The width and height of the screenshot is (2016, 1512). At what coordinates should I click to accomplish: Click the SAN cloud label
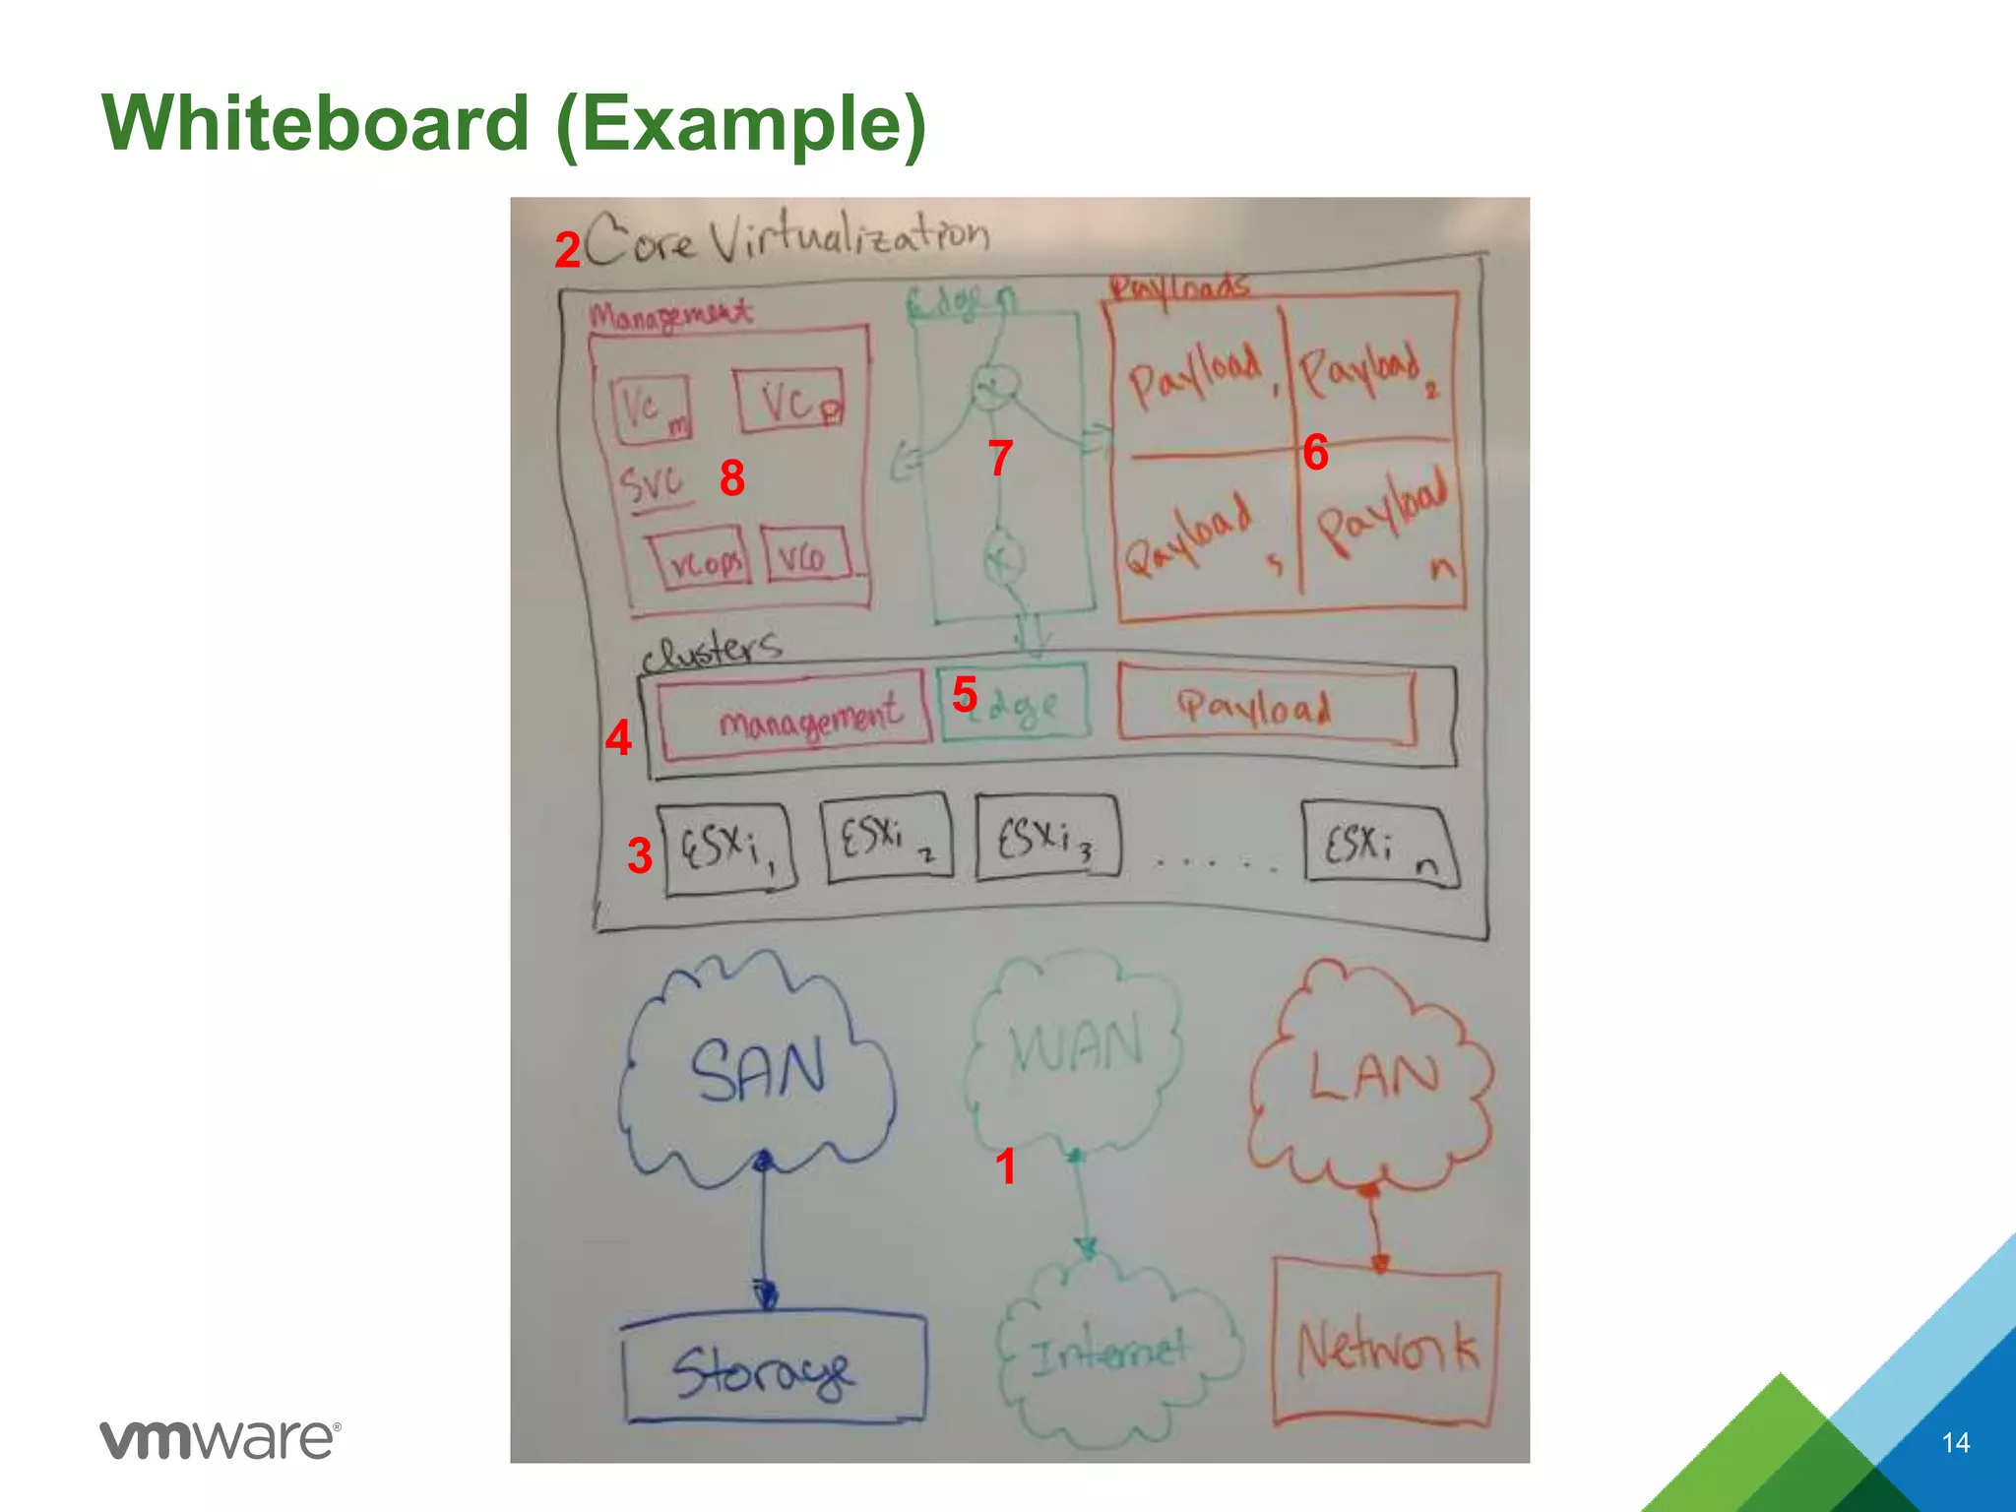click(757, 1070)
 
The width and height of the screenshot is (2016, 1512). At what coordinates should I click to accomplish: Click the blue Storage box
click(773, 1369)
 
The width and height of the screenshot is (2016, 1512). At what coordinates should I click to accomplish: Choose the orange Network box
click(1386, 1347)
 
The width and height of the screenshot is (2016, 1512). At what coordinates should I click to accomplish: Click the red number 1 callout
click(1004, 1166)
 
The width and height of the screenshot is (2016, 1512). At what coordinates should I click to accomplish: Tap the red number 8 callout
click(731, 478)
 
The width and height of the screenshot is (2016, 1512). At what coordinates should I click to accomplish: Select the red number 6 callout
click(1315, 453)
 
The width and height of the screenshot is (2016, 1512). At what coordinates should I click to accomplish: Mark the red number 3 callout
click(640, 855)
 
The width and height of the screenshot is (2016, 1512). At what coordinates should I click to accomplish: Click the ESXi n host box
click(1378, 845)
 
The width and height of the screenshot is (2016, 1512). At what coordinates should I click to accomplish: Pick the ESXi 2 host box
click(886, 838)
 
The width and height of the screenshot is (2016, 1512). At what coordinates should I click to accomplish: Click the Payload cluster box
click(1266, 705)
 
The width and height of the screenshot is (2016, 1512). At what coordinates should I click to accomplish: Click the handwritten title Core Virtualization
click(787, 238)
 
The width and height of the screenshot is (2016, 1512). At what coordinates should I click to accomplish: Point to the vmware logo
click(220, 1440)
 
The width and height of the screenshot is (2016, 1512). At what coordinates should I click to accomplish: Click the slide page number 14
click(1955, 1443)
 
